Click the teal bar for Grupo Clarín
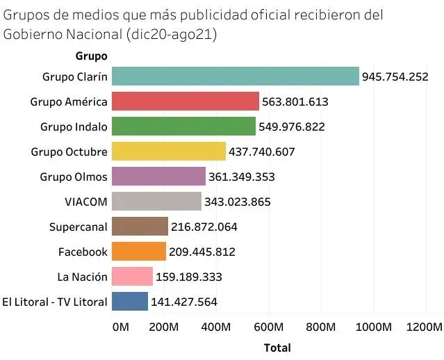tap(235, 76)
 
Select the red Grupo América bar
tap(186, 101)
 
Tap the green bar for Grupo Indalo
tap(183, 126)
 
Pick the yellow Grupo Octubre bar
tap(169, 152)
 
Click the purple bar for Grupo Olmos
tap(158, 177)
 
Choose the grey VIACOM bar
tap(156, 202)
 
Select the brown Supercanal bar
tap(140, 227)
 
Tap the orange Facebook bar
tap(139, 252)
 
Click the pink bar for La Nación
tap(132, 277)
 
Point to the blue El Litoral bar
tap(130, 302)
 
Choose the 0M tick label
tap(120, 327)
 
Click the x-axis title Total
tap(277, 347)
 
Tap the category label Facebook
tap(83, 252)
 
